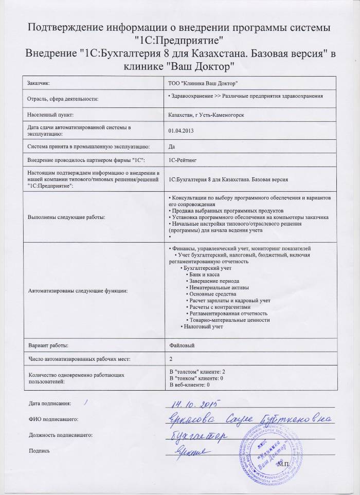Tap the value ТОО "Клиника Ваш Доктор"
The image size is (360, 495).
click(x=203, y=83)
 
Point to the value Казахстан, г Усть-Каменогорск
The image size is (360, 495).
click(x=206, y=114)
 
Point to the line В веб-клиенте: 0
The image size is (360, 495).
click(x=190, y=384)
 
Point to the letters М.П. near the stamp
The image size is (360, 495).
click(x=283, y=464)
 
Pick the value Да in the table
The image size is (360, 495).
click(x=172, y=146)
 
